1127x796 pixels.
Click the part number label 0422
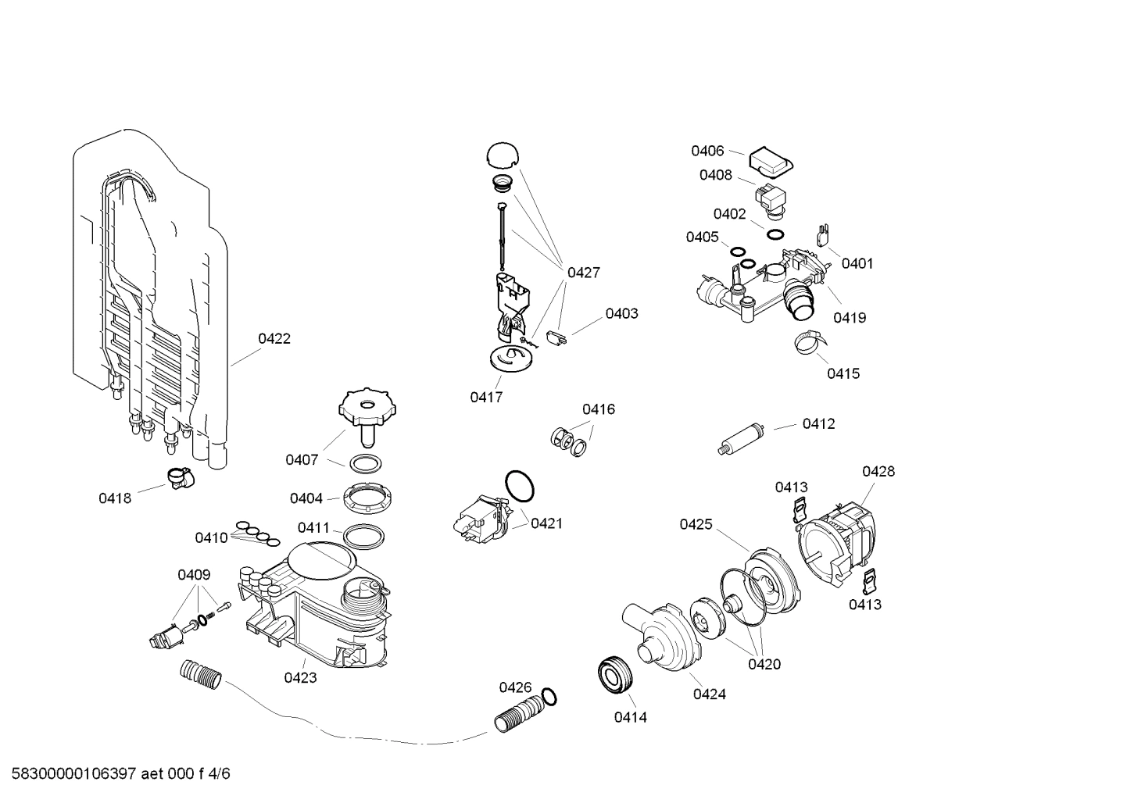point(274,338)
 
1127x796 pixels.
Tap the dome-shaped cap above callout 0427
point(502,155)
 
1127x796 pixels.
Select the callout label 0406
point(707,151)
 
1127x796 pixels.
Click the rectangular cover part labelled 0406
point(771,162)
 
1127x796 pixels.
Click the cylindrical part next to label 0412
point(743,438)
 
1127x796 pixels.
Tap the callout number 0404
point(306,498)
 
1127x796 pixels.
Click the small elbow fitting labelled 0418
point(180,476)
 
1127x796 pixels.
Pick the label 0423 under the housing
point(301,678)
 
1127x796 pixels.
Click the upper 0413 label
point(792,487)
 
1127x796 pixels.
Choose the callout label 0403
point(621,313)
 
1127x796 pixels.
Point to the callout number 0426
point(515,687)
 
